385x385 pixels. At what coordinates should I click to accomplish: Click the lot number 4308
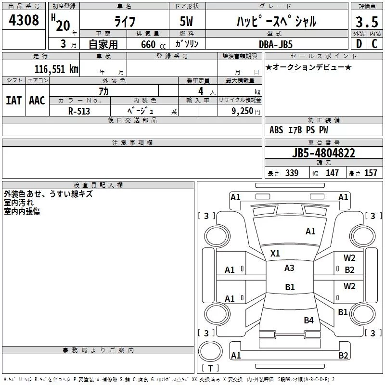coord(24,20)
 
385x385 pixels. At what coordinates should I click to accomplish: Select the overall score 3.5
coord(367,22)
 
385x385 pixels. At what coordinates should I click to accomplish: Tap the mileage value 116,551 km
coord(56,69)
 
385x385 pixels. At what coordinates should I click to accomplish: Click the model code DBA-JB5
coord(276,44)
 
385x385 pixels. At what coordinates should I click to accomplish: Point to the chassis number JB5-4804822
coord(323,153)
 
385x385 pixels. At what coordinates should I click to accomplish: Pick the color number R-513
coord(79,111)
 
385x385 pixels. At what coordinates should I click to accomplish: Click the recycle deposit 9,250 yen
coord(246,111)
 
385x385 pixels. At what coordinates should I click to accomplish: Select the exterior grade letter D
coord(359,44)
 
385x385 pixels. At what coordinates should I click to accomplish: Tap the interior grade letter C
coord(374,44)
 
